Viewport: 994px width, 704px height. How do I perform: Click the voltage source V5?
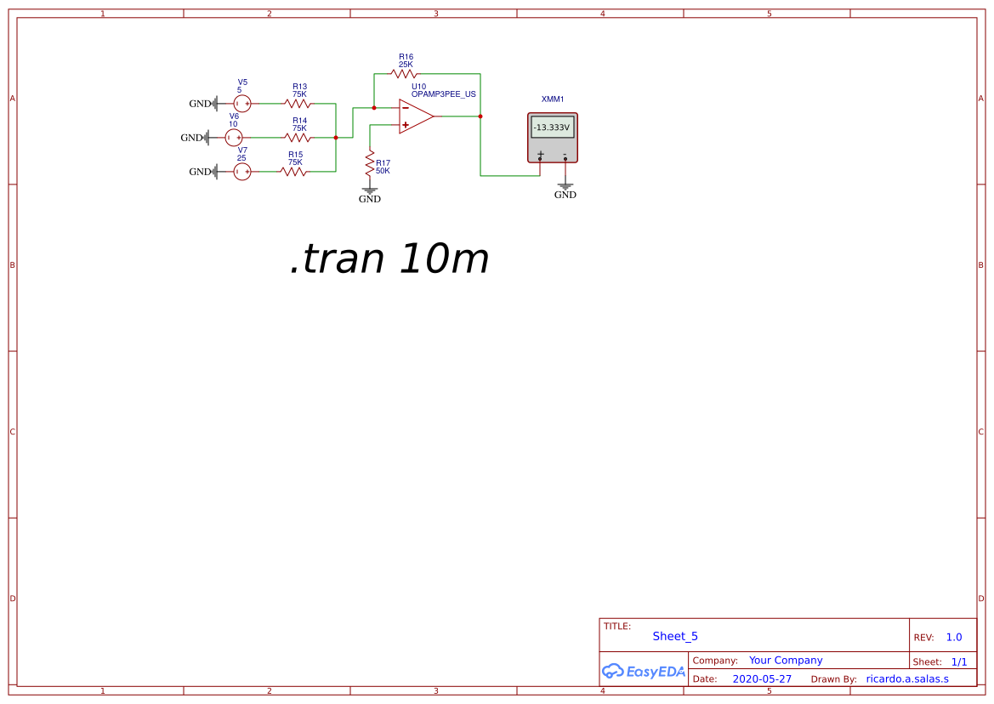click(x=242, y=104)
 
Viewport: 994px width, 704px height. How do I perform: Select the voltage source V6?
click(x=234, y=137)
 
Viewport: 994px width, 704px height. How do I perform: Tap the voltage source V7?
click(x=242, y=172)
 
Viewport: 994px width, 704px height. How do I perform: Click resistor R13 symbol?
click(x=298, y=104)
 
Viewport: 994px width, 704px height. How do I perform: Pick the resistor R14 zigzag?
click(x=298, y=137)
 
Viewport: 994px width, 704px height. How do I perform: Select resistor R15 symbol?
click(x=293, y=172)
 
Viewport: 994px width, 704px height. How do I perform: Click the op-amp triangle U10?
click(x=416, y=116)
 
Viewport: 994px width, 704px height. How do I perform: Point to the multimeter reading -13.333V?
click(x=552, y=128)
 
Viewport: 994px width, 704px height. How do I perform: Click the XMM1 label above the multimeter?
click(x=553, y=99)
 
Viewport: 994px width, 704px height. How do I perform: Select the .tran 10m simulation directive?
click(x=389, y=258)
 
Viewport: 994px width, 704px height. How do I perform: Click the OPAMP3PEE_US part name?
click(x=443, y=94)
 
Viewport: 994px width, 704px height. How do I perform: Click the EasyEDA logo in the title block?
click(x=644, y=671)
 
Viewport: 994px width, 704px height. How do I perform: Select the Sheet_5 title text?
click(x=675, y=636)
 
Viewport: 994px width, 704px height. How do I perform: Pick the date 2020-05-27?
click(x=761, y=679)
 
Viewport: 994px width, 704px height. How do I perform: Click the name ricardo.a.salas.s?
click(x=906, y=679)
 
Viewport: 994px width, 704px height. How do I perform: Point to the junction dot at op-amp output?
click(x=480, y=116)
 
